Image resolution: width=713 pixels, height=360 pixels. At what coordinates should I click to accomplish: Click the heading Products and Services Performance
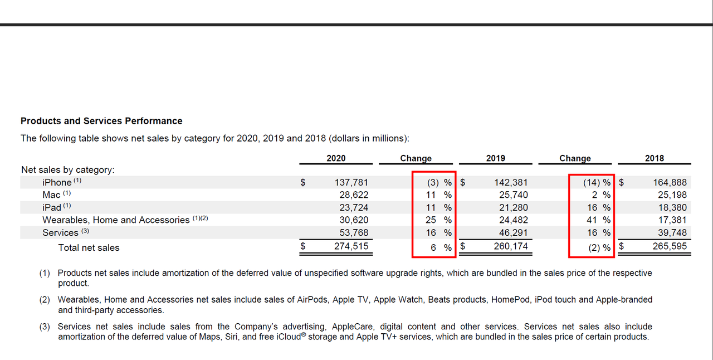coord(101,121)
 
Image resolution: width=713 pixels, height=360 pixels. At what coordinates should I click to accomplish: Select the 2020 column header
coord(336,158)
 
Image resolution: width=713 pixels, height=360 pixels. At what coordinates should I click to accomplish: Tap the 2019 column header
coord(495,158)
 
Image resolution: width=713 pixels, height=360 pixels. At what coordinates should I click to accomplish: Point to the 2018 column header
coord(655,158)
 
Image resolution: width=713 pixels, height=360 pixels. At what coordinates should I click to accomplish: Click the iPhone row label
coord(57,182)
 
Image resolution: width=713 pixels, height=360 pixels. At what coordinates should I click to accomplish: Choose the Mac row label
coord(51,195)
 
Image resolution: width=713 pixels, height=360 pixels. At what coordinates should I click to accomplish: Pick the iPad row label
coord(52,207)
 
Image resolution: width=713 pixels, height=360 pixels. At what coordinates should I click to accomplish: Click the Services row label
coord(60,232)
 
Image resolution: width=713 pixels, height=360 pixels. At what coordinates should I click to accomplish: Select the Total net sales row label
coord(89,247)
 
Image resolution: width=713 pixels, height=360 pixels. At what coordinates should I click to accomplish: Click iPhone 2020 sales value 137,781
coord(351,182)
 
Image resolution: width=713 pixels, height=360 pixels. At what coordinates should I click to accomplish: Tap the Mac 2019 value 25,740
coord(511,195)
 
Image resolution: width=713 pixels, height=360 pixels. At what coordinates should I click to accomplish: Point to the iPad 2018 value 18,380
coord(671,207)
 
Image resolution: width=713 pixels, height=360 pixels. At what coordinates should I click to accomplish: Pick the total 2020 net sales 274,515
coord(351,246)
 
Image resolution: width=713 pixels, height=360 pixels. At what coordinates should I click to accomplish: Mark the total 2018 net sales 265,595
coord(670,246)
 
